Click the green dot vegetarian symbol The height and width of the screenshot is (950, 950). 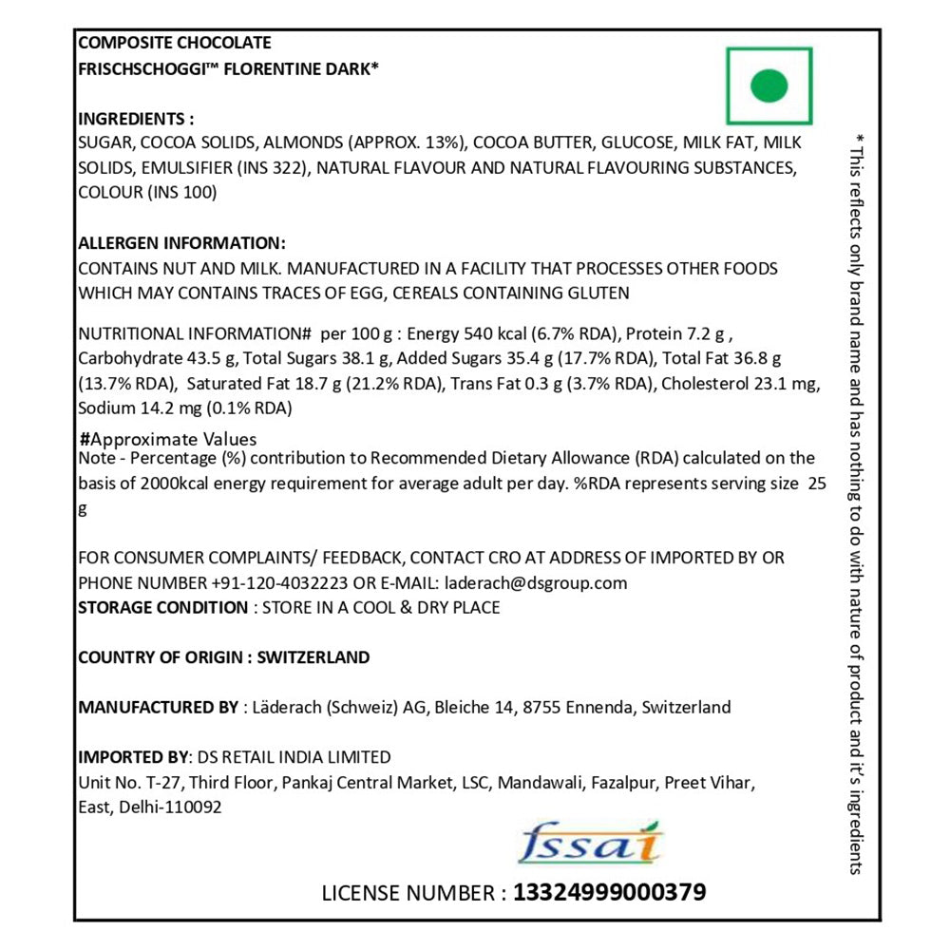tap(769, 85)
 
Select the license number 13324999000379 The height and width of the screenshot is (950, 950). tap(609, 893)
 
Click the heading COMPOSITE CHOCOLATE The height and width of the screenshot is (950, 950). tap(174, 43)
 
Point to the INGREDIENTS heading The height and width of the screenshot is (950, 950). tap(135, 119)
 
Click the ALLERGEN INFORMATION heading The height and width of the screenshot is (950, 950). tap(181, 243)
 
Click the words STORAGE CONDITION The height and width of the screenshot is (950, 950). tap(162, 607)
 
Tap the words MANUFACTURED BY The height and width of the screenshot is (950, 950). tap(159, 707)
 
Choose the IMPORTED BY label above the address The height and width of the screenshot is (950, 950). tap(133, 757)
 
